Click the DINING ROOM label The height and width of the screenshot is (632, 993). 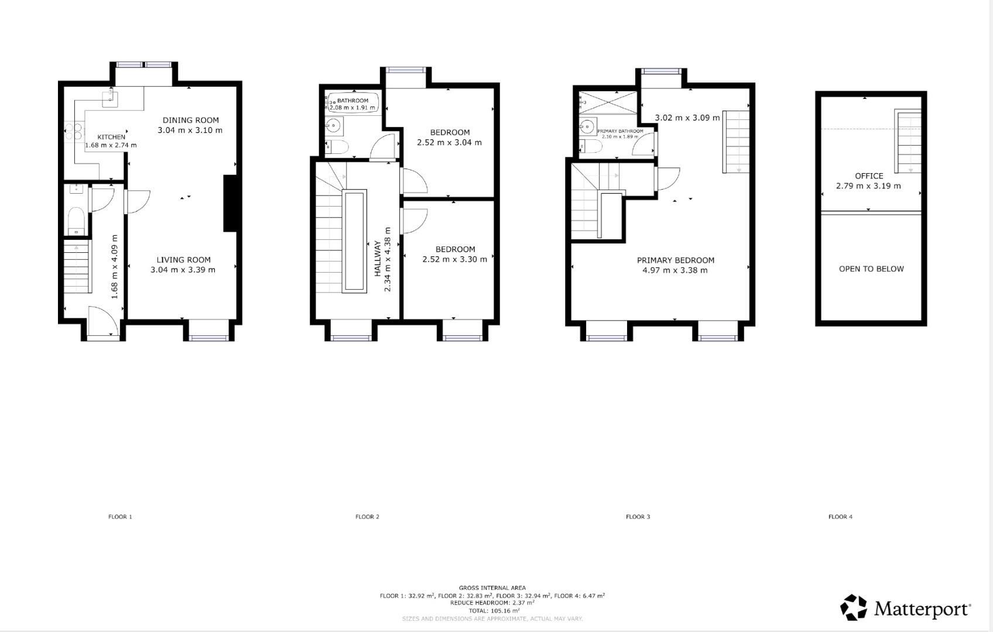pos(190,120)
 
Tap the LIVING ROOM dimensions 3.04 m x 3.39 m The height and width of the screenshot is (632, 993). pos(183,270)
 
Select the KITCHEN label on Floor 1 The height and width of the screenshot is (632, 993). pos(111,137)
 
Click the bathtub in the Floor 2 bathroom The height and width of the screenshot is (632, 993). pos(353,102)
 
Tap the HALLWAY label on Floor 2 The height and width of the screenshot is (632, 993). pos(378,258)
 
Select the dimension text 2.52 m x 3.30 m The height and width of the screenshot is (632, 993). pos(454,259)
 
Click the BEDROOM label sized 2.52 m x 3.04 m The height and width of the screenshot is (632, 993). pos(450,132)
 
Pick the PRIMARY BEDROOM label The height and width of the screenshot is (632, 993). pos(675,260)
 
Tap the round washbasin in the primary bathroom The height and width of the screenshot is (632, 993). pos(587,126)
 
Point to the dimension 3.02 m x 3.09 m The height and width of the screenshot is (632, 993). pos(687,118)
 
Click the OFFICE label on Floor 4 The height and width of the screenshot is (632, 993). pos(868,176)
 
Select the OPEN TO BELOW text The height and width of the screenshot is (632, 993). pos(871,269)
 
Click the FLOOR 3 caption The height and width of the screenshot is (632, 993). pos(638,517)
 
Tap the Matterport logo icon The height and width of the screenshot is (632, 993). pos(854,607)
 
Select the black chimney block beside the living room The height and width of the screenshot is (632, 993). pos(231,204)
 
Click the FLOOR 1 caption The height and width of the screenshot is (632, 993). pos(120,517)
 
